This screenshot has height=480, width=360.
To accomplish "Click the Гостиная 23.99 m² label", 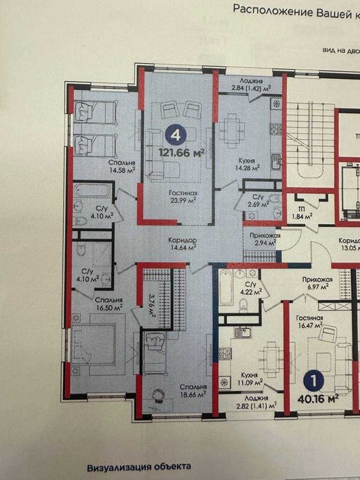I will [x=183, y=197].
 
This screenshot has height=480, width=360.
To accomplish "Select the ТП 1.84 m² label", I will [x=300, y=213].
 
